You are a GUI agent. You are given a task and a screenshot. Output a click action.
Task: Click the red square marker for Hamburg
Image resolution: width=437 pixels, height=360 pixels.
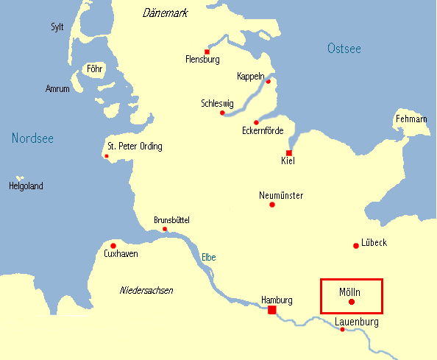(x=272, y=311)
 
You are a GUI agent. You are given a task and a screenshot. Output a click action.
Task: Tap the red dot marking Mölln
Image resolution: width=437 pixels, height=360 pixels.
(x=352, y=302)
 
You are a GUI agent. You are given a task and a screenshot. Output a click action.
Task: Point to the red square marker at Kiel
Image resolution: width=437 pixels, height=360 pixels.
(x=289, y=153)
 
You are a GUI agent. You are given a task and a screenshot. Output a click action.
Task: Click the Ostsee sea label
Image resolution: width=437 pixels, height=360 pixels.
(x=344, y=49)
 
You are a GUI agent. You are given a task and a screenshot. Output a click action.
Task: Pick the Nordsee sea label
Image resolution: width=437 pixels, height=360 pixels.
(x=32, y=138)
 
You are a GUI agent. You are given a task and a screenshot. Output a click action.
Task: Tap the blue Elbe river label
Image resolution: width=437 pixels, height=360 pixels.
(x=209, y=257)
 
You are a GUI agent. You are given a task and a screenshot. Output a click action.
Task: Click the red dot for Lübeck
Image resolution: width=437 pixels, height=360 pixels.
(x=356, y=245)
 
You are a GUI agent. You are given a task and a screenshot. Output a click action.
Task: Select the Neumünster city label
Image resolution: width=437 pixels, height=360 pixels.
(x=281, y=195)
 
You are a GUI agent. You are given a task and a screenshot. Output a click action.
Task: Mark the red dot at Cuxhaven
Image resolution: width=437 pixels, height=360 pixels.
(x=113, y=246)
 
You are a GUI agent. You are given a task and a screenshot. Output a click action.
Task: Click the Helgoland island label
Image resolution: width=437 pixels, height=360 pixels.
(x=26, y=186)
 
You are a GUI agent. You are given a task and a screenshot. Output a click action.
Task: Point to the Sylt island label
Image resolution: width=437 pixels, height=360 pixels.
(x=57, y=27)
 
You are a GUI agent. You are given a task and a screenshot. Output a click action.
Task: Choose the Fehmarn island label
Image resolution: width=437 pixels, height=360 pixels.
(x=411, y=119)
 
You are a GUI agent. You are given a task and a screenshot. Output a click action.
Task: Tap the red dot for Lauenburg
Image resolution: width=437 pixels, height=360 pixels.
(x=343, y=329)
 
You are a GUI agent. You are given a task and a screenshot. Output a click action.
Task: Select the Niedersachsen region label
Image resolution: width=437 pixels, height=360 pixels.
(x=146, y=291)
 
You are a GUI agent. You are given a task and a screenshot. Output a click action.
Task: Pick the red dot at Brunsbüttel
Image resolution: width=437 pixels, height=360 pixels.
(x=165, y=229)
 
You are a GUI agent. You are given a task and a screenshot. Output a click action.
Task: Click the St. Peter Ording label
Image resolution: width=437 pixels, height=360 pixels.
(x=135, y=147)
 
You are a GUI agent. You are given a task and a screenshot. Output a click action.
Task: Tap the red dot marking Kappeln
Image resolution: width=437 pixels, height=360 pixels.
(x=268, y=82)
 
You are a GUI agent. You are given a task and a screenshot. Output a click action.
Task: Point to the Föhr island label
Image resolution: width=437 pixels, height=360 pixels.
(x=94, y=70)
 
